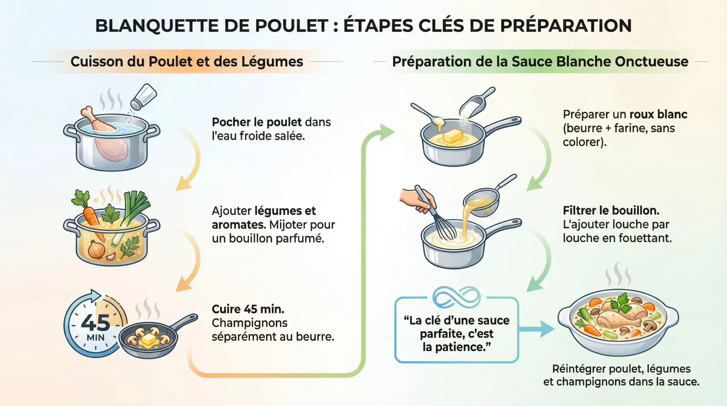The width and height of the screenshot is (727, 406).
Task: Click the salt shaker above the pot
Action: tap(144, 96)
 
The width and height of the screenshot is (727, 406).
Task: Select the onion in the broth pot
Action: tap(96, 249)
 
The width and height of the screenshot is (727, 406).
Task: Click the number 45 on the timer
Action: tap(95, 322)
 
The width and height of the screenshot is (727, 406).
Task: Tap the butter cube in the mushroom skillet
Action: tap(149, 339)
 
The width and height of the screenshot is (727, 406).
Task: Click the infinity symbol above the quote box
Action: tap(456, 297)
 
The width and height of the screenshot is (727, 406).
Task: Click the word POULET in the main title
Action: tap(291, 26)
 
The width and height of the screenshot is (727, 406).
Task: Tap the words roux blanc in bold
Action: tap(658, 115)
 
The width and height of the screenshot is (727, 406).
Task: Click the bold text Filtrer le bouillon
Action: tap(611, 211)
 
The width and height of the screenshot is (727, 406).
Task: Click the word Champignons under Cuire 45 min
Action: tap(249, 323)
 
